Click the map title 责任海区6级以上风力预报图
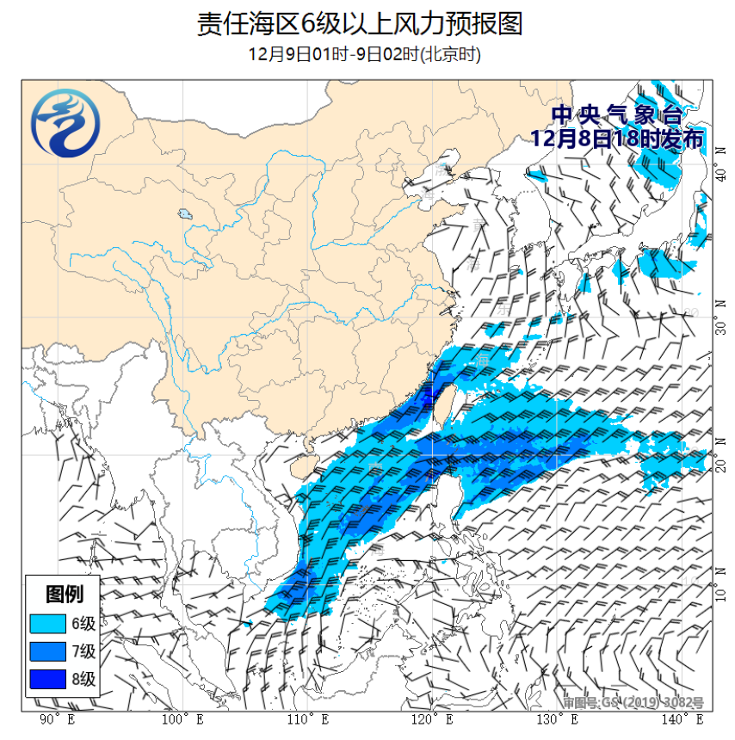[x=360, y=23]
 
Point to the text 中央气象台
[x=616, y=114]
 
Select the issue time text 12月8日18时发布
[x=616, y=138]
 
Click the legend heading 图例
[x=64, y=594]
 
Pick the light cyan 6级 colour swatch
[x=47, y=623]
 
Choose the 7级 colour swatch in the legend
[x=47, y=651]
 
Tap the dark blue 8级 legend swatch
[x=47, y=680]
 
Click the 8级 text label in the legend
[x=83, y=680]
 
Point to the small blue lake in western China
[x=185, y=214]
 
